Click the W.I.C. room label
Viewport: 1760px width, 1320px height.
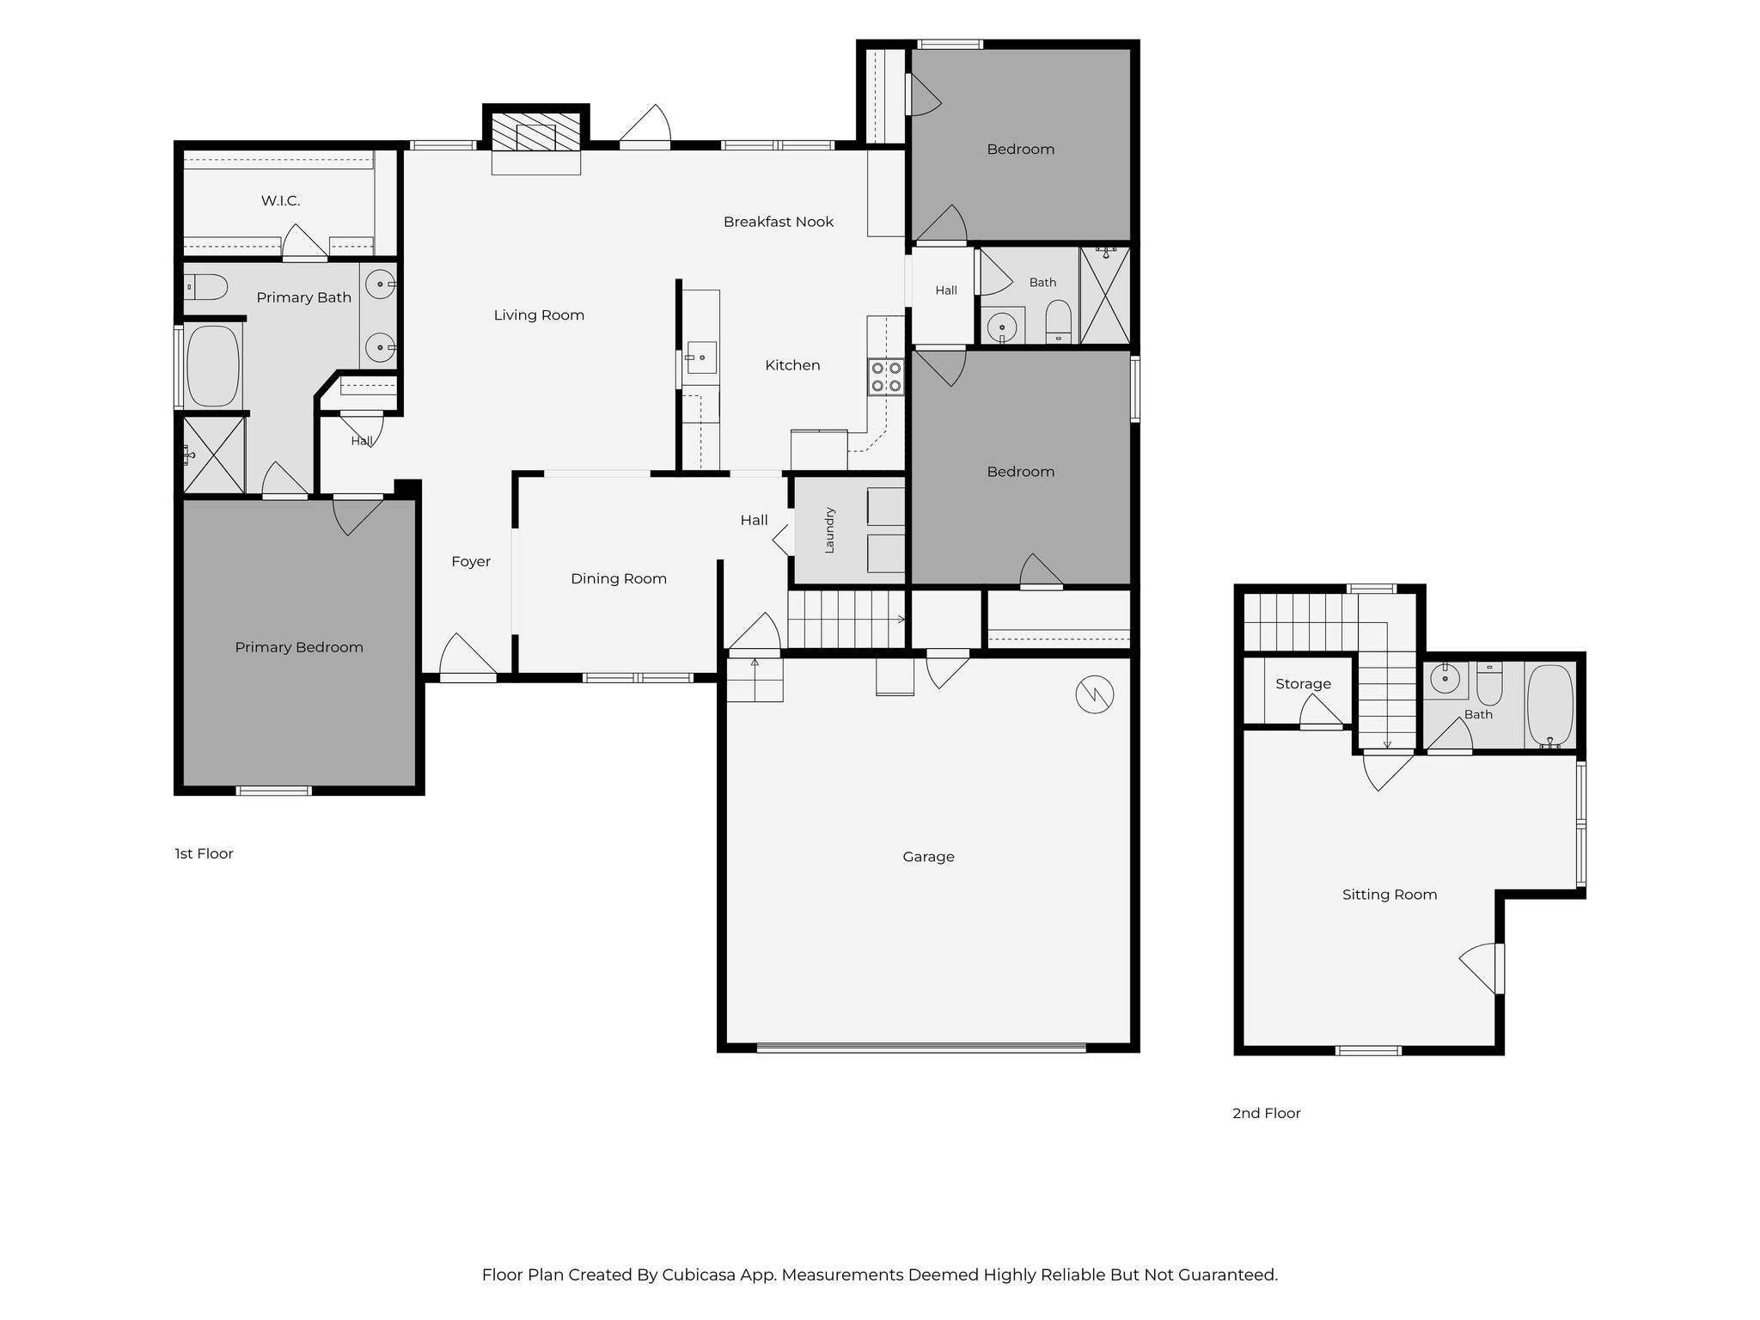(280, 201)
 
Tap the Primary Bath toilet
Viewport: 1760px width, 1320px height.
(206, 287)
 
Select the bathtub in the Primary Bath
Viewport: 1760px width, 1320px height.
(212, 366)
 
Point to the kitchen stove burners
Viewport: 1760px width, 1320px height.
(886, 376)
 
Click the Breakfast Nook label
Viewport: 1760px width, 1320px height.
(779, 222)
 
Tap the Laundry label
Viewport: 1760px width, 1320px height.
(829, 530)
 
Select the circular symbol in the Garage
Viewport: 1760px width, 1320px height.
(1095, 694)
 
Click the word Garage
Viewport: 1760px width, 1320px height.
(928, 857)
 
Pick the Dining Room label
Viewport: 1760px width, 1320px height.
(619, 579)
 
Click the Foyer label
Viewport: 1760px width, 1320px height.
(471, 562)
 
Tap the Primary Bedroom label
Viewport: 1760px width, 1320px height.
(299, 648)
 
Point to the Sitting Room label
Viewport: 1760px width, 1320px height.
(1390, 895)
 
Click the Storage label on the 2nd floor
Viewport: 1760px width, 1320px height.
(1303, 684)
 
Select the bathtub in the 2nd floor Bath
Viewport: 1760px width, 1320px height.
(1551, 705)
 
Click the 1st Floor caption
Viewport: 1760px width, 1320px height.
(204, 854)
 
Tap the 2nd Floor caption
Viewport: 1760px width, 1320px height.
(1267, 1114)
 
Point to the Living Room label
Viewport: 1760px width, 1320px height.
(539, 315)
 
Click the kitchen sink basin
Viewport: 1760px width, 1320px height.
(701, 357)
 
